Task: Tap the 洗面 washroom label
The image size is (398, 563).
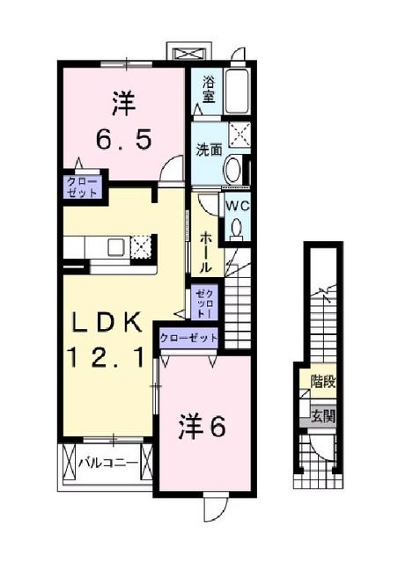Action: (208, 149)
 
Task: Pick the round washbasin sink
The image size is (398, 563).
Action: (233, 168)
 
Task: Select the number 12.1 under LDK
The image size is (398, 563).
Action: (107, 356)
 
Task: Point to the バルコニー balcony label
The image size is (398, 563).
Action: (107, 461)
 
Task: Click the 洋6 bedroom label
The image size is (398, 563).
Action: (205, 427)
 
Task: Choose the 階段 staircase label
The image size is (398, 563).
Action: (322, 383)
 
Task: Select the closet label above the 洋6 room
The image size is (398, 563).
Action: (188, 337)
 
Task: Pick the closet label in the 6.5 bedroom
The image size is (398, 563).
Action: (80, 186)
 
